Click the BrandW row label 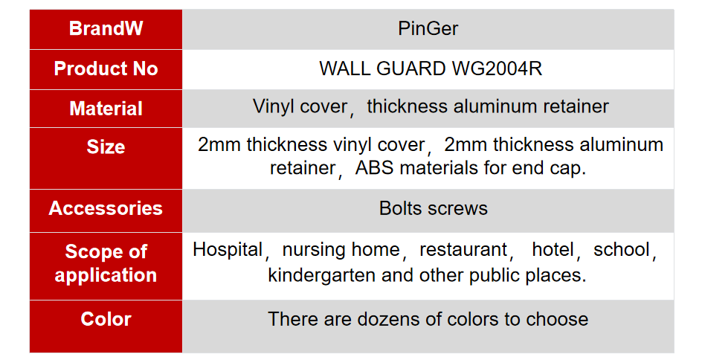[106, 28]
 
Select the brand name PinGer [428, 29]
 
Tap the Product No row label [106, 68]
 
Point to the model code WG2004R [497, 68]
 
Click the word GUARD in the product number [410, 68]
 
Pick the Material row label [106, 109]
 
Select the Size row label [106, 147]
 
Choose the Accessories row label [106, 208]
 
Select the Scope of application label [106, 263]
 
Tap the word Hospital [228, 250]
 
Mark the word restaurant [463, 250]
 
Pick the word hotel [553, 250]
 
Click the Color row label [106, 319]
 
